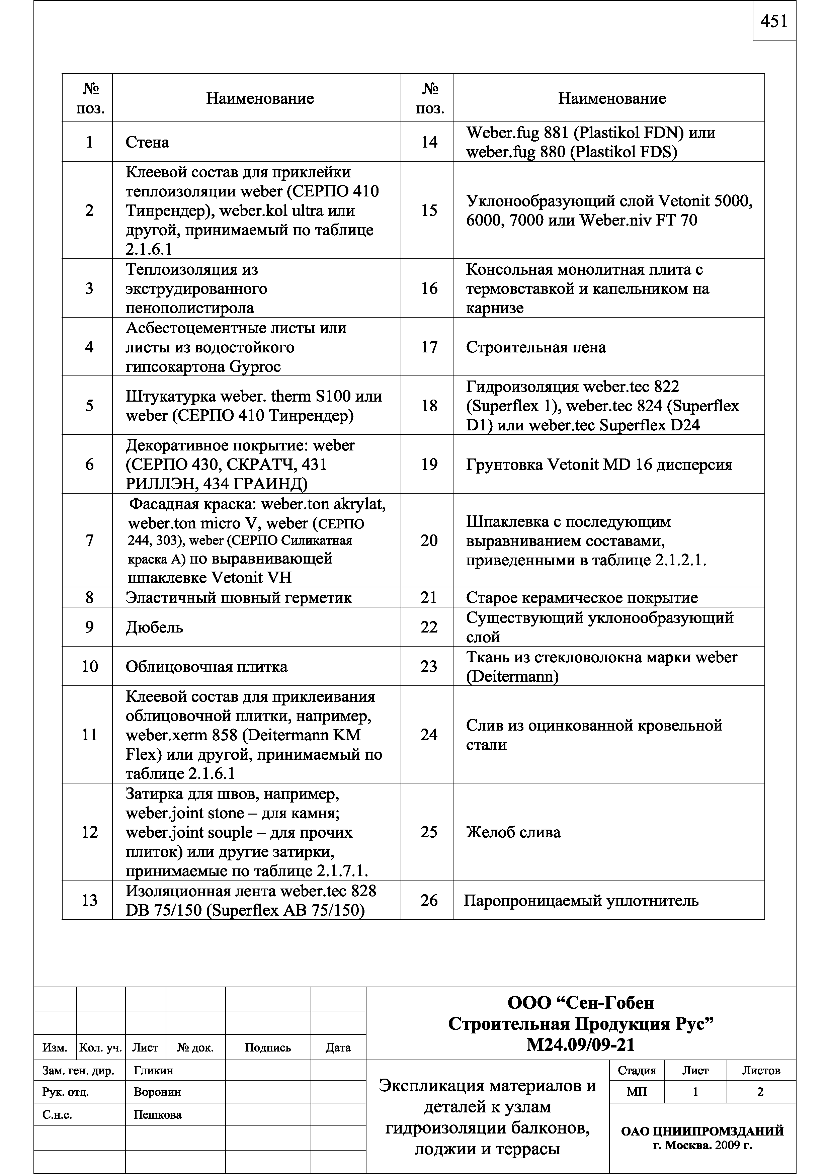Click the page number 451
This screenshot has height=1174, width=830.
tap(774, 21)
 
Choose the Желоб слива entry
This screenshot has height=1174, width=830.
tap(513, 832)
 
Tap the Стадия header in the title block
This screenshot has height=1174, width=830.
tap(637, 1071)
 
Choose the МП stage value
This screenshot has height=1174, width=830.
tap(637, 1092)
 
